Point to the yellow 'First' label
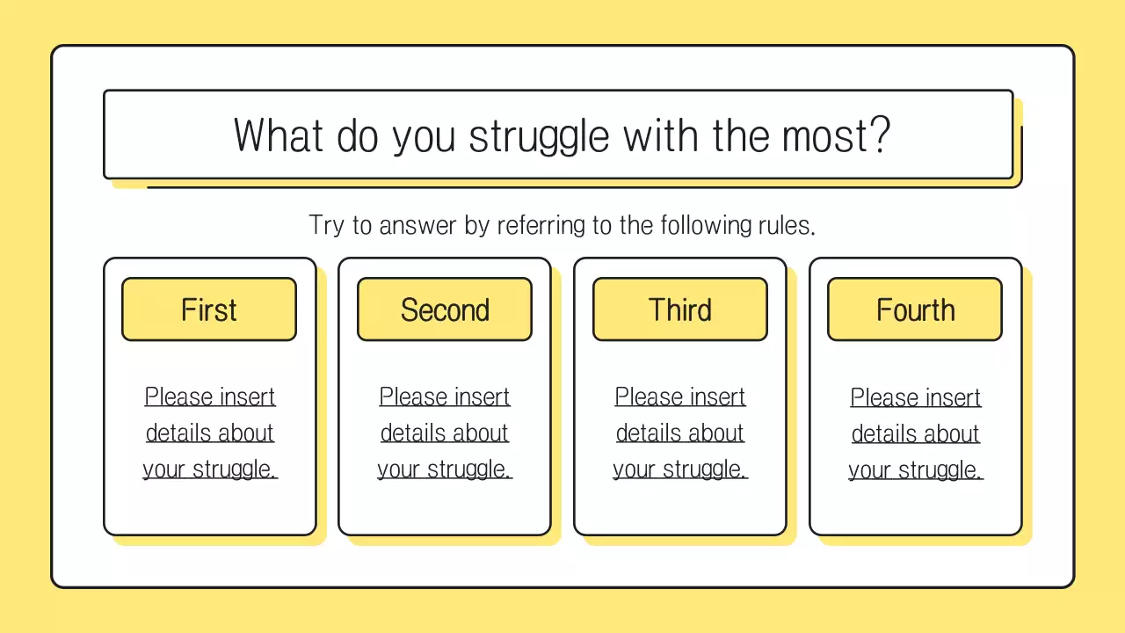209,309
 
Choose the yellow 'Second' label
445,309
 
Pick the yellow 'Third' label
680,309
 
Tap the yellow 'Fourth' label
915,309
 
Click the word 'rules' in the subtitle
786,225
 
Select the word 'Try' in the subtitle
326,225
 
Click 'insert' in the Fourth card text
952,397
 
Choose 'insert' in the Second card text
481,397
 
